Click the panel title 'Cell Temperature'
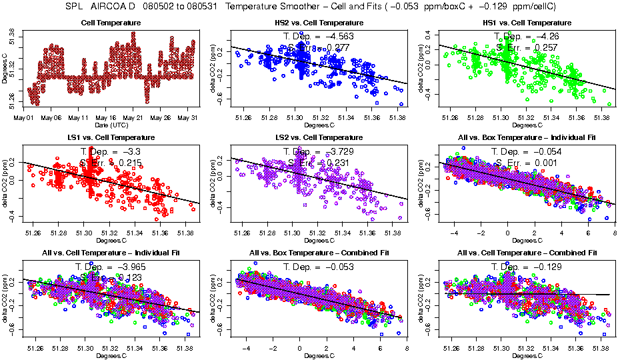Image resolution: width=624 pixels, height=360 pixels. coord(110,23)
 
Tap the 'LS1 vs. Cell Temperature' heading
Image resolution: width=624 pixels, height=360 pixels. coord(110,137)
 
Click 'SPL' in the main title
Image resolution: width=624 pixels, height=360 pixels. coord(76,7)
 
